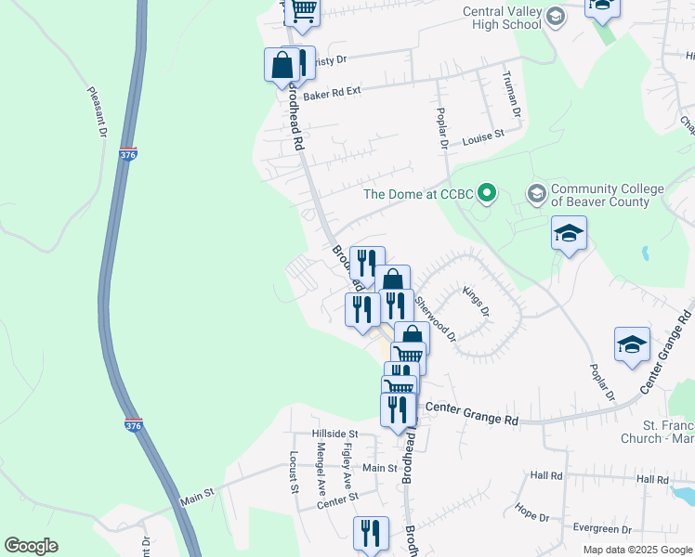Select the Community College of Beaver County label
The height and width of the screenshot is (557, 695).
pyautogui.click(x=608, y=195)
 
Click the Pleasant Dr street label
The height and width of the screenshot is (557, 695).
pyautogui.click(x=97, y=112)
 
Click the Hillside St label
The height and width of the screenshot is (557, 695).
pyautogui.click(x=334, y=434)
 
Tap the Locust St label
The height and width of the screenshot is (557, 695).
pyautogui.click(x=293, y=471)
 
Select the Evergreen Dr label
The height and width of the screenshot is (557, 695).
pyautogui.click(x=602, y=529)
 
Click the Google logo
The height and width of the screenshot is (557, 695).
pyautogui.click(x=31, y=546)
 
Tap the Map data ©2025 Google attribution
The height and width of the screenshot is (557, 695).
pyautogui.click(x=637, y=550)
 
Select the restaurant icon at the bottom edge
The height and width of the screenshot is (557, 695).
pyautogui.click(x=372, y=534)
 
